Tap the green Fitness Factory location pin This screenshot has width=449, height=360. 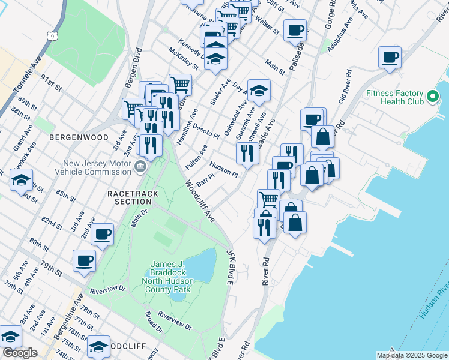point(432,97)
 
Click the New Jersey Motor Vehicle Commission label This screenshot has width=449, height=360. point(97,167)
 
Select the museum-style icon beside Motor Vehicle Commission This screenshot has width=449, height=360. point(141,166)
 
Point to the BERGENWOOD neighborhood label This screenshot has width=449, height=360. point(79,137)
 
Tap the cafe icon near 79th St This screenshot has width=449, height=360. point(84,261)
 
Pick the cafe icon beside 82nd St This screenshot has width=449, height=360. point(103,235)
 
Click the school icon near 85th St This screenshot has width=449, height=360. point(21,180)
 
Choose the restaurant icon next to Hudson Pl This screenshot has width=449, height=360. point(247,154)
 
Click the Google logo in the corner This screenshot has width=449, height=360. point(20,353)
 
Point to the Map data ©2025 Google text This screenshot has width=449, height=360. point(411,355)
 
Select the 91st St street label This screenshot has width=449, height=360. point(51,83)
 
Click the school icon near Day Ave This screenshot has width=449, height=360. point(259,91)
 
